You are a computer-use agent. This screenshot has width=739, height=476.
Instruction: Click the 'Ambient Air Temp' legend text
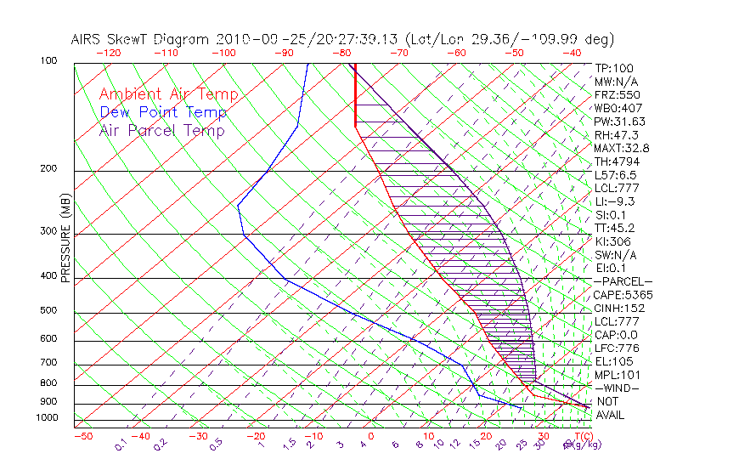click(x=168, y=94)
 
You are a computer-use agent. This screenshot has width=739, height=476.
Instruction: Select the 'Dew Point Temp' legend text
click(x=163, y=112)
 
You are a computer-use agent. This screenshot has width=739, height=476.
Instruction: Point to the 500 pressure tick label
click(x=48, y=311)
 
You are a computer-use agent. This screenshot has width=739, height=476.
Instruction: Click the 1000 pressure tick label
click(x=46, y=417)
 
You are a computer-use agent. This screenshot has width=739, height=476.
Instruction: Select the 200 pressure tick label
click(x=48, y=168)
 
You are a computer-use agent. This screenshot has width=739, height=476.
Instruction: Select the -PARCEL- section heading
click(x=623, y=281)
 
